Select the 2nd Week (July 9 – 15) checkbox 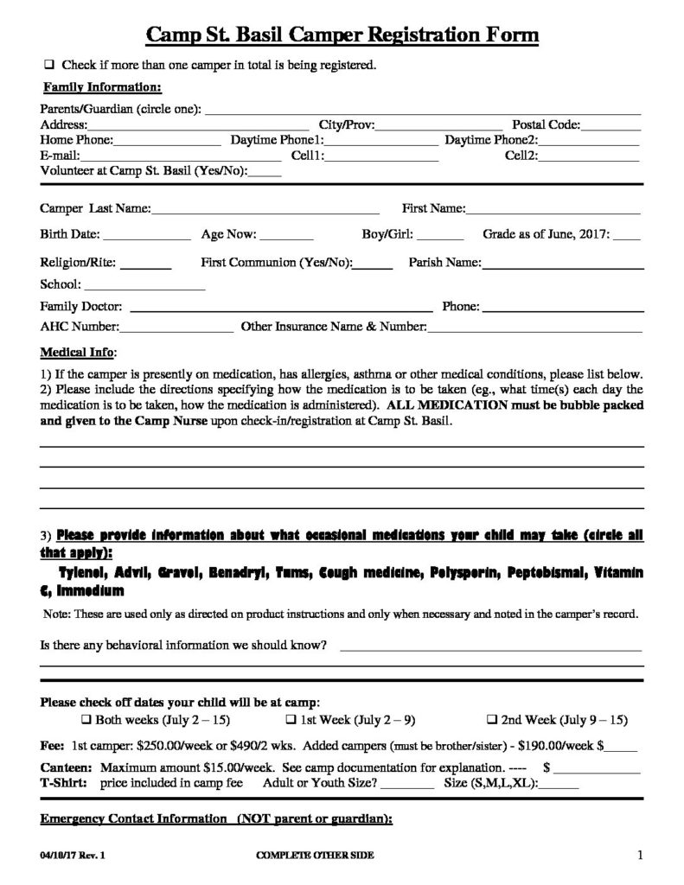click(491, 719)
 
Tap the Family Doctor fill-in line click(280, 309)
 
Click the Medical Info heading click(77, 353)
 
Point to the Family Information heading click(102, 86)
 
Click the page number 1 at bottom click(640, 856)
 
